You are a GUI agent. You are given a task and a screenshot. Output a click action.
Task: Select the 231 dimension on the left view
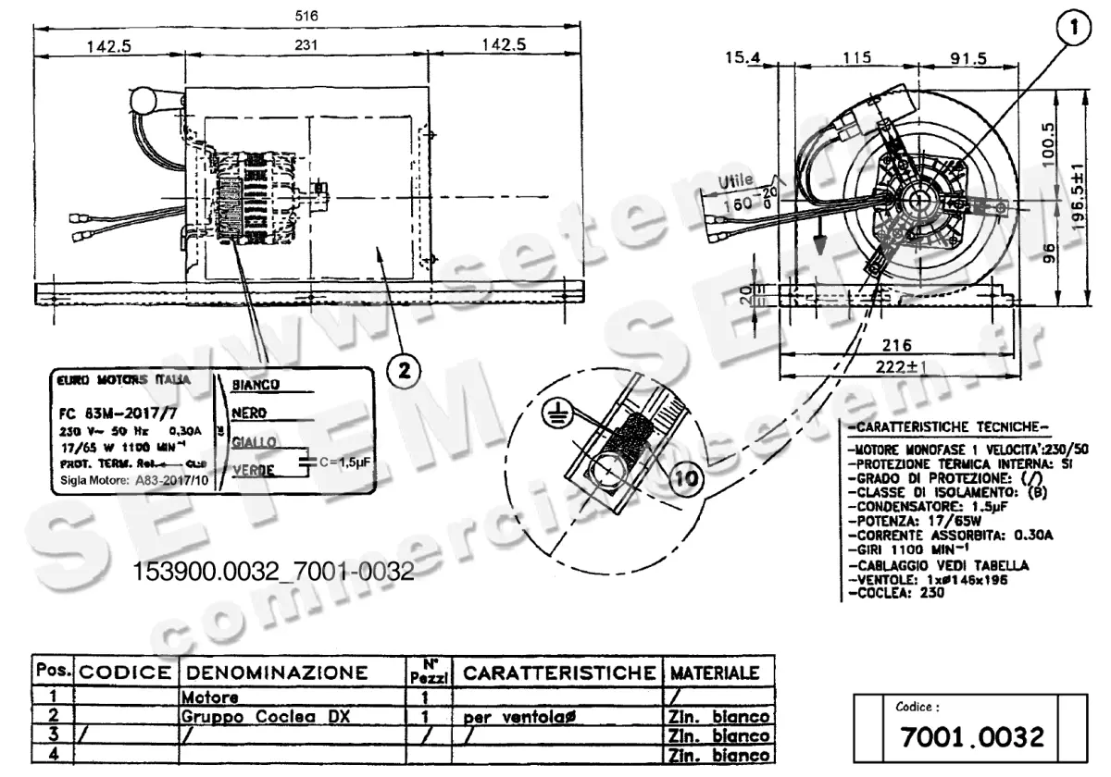coord(307,44)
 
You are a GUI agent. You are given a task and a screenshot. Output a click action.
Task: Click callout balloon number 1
coord(1073,29)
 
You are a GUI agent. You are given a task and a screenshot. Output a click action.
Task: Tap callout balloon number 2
coord(404,371)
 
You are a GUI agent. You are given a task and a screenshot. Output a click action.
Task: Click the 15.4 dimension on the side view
coord(743,58)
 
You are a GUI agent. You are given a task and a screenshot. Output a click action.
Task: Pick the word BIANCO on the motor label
coord(256,384)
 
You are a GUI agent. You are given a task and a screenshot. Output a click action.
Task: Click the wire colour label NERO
coord(250,413)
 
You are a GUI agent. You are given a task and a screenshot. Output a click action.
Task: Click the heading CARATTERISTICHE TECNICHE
coord(947,427)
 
